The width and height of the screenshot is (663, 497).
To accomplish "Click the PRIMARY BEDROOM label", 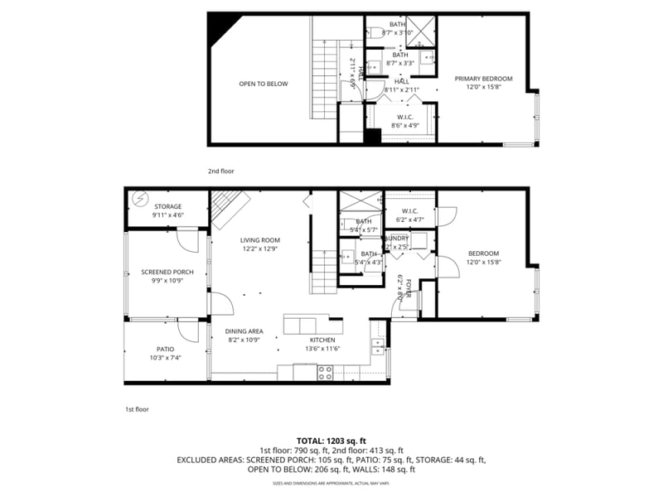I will click(x=483, y=79).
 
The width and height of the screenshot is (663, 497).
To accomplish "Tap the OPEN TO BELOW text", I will click(x=264, y=84).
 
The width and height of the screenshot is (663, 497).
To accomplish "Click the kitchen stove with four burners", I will click(x=325, y=374).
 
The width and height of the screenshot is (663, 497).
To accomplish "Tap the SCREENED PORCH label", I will click(x=167, y=272).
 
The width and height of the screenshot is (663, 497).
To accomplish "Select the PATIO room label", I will click(x=165, y=349).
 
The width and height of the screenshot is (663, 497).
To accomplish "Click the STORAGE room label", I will click(x=167, y=206).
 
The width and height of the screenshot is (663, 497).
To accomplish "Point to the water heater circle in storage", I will click(x=137, y=199).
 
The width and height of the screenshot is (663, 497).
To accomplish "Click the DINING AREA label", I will click(x=244, y=331).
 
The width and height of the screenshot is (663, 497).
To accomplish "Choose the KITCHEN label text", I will click(x=322, y=340).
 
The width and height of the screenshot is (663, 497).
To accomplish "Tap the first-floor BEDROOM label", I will click(x=483, y=253).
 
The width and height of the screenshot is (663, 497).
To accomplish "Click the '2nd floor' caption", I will click(x=220, y=171).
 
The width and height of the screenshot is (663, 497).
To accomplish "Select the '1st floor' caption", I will click(x=137, y=408).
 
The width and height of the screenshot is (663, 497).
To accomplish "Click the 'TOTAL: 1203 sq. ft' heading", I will click(x=331, y=440).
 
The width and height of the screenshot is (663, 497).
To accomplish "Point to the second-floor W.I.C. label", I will click(x=405, y=117).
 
